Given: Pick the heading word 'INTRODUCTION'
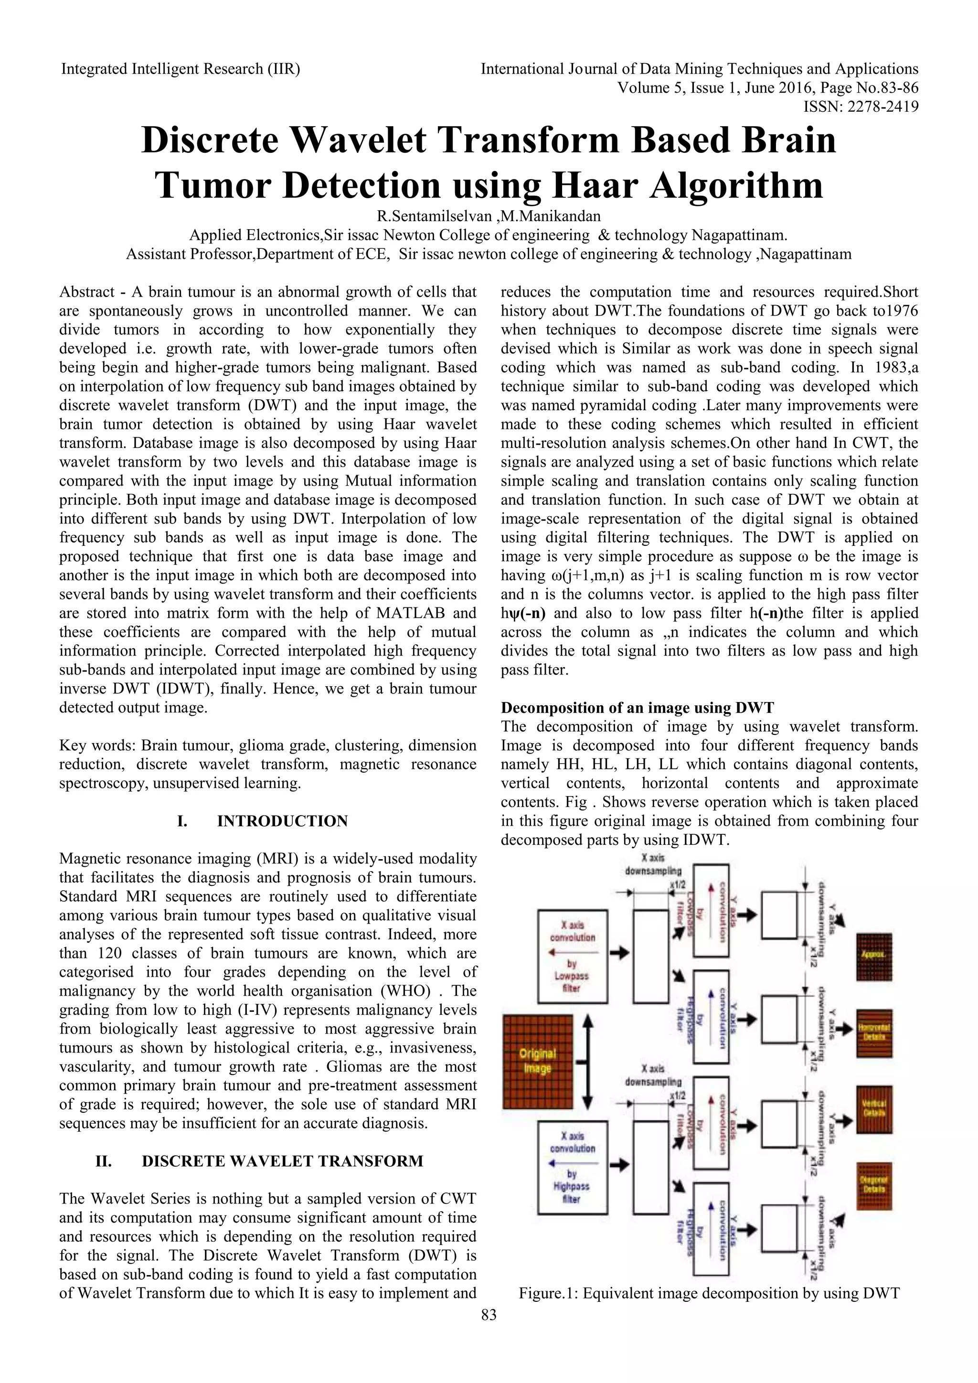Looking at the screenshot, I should tap(282, 821).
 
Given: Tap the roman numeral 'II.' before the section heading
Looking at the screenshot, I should tap(104, 1161).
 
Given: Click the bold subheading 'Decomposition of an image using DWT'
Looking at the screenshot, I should tap(638, 708).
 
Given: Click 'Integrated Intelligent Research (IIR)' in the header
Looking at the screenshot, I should tap(181, 69).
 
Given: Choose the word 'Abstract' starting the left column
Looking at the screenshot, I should tap(87, 292).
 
